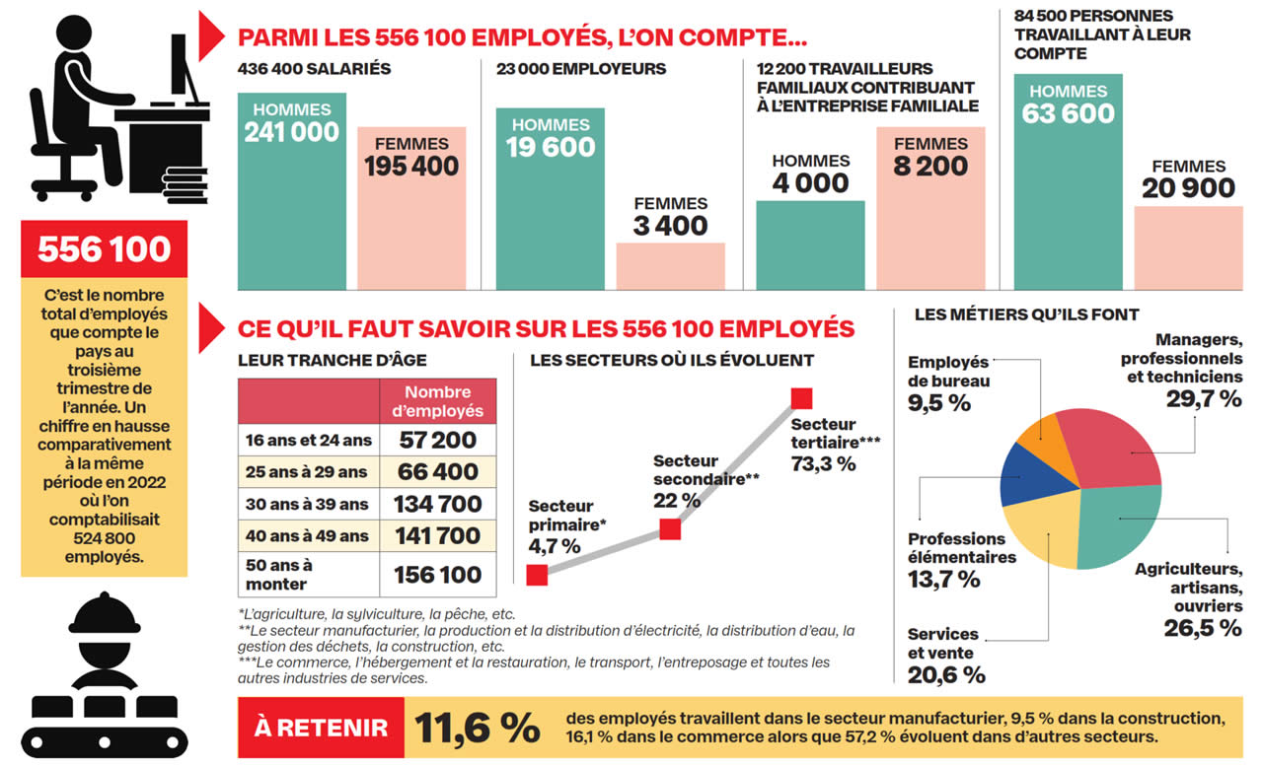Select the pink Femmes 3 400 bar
[x=670, y=265]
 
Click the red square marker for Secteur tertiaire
[x=801, y=398]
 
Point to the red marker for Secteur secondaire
[x=670, y=529]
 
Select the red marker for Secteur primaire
[x=537, y=575]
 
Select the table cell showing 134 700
[x=438, y=504]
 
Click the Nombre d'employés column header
[x=438, y=401]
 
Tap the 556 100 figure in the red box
[x=104, y=249]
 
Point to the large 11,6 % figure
[x=478, y=729]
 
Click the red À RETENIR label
[x=321, y=729]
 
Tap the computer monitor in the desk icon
[x=182, y=64]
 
